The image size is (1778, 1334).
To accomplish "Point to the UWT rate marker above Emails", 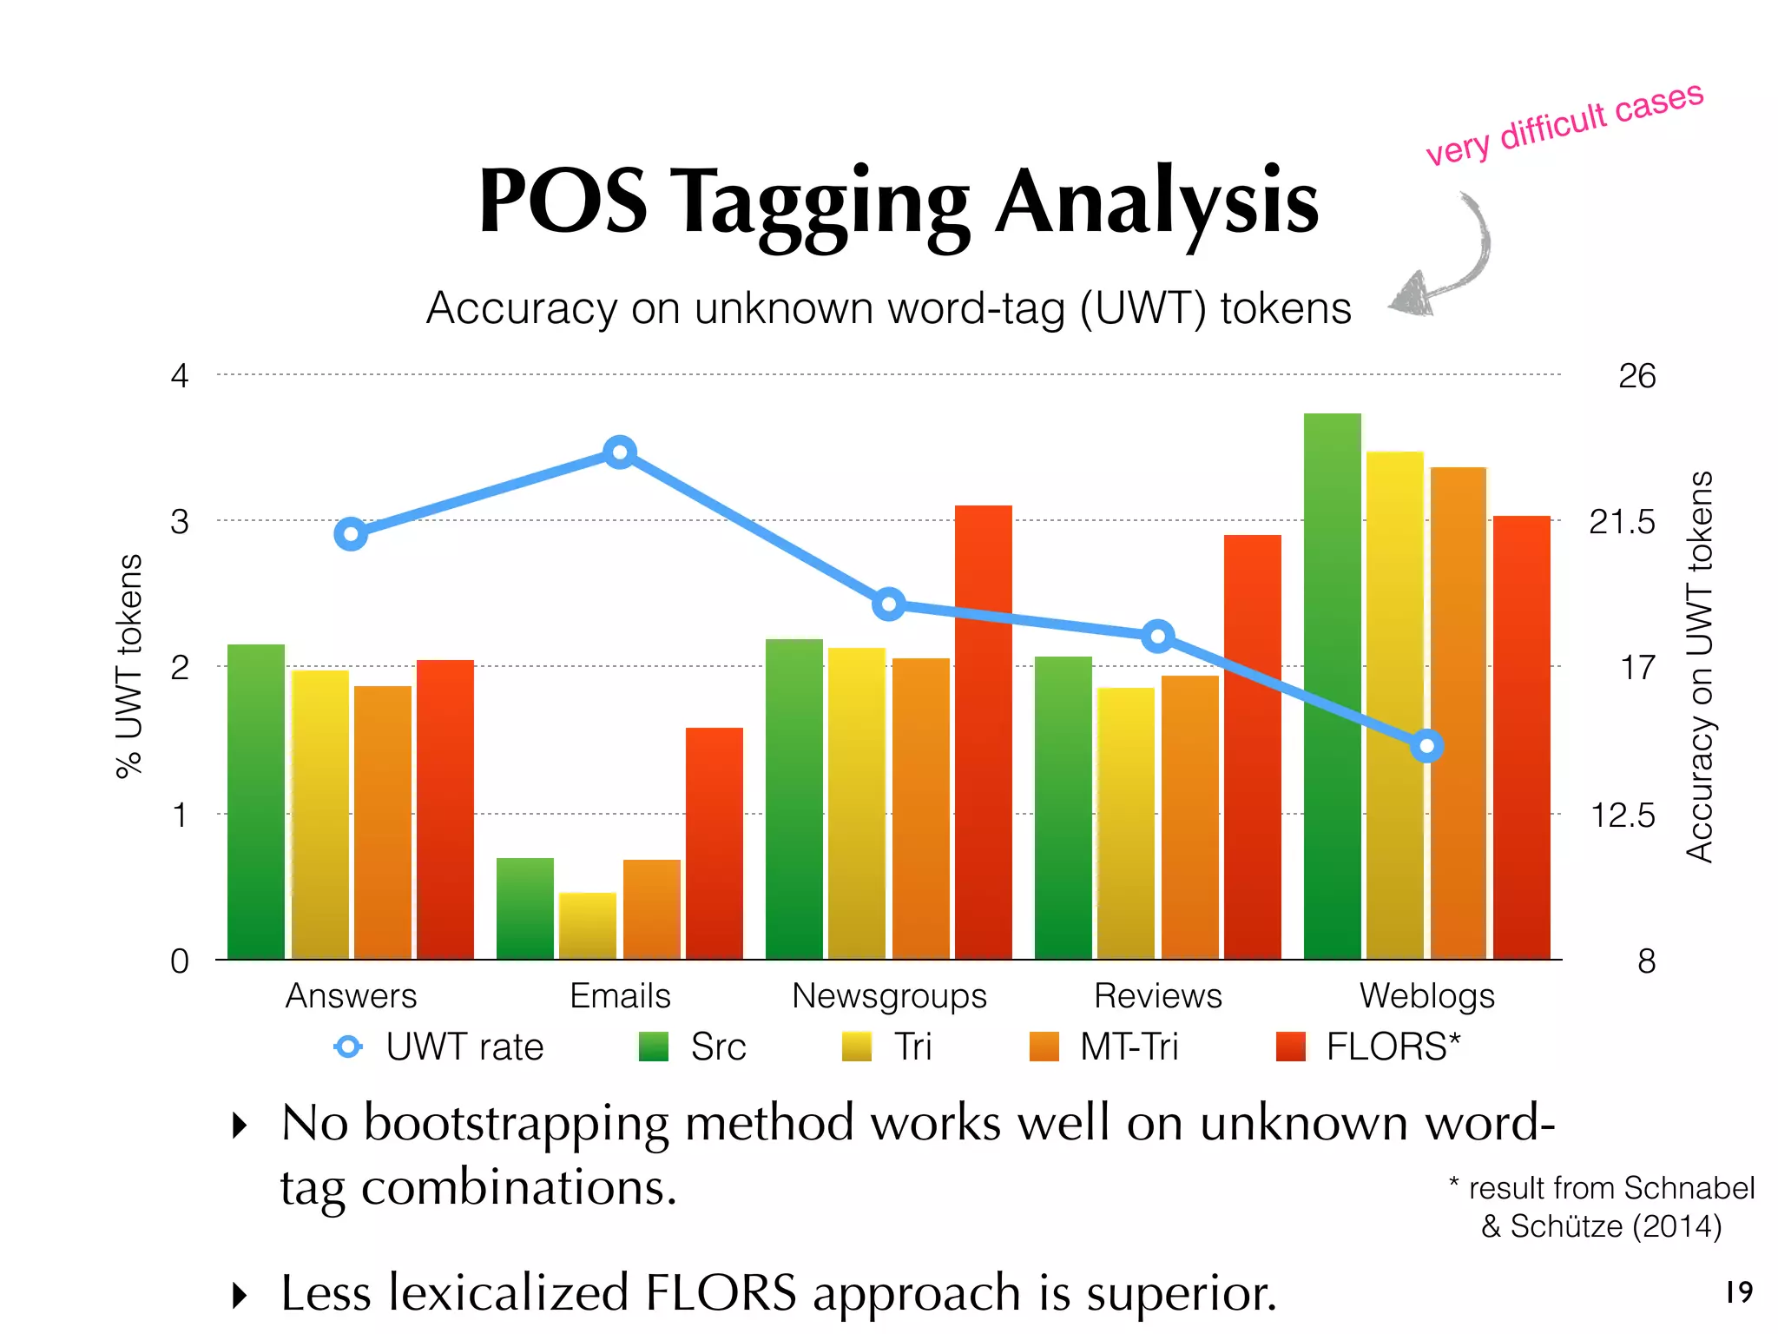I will click(x=620, y=452).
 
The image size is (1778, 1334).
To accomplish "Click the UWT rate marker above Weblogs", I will click(x=1426, y=746).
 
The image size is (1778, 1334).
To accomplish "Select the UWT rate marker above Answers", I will click(x=351, y=534).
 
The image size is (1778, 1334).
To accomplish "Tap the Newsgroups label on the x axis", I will click(x=889, y=996).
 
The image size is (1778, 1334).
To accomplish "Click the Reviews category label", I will click(x=1157, y=996).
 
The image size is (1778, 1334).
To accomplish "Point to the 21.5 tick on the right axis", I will click(x=1622, y=522).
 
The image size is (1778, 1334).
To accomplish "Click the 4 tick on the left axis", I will click(x=180, y=376).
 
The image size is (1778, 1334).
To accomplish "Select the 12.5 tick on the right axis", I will click(x=1622, y=816).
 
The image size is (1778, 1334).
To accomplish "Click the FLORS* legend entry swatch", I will click(x=1291, y=1047).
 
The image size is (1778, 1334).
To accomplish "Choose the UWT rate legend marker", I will click(x=348, y=1047).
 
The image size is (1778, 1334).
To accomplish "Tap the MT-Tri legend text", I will click(x=1129, y=1047).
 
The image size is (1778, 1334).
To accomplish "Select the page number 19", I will click(x=1739, y=1291).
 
